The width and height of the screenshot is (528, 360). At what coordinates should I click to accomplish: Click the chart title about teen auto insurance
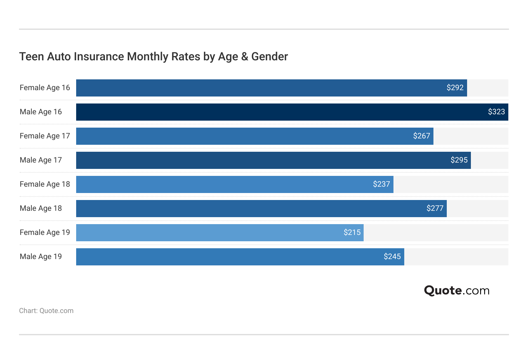[x=153, y=57]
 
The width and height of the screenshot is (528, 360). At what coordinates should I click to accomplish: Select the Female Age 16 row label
[x=45, y=88]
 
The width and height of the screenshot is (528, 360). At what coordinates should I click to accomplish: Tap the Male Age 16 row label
[x=41, y=112]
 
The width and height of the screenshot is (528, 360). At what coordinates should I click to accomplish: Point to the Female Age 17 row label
[x=45, y=136]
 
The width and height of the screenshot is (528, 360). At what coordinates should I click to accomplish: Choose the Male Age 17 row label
[x=41, y=160]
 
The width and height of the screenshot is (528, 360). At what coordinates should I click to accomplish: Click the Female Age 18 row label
[x=45, y=184]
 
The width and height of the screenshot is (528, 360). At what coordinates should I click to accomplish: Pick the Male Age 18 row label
[x=41, y=208]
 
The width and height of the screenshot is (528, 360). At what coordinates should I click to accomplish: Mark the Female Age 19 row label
[x=45, y=232]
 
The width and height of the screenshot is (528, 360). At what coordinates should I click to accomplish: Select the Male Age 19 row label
[x=41, y=257]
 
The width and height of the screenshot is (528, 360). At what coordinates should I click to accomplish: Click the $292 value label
[x=455, y=88]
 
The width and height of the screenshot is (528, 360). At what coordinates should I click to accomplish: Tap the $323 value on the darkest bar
[x=496, y=112]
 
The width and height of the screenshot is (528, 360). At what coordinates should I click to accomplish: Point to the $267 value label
[x=421, y=136]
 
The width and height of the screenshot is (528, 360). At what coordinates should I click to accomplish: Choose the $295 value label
[x=459, y=160]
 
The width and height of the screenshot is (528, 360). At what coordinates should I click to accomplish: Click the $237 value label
[x=381, y=184]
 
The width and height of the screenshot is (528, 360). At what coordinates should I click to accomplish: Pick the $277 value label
[x=435, y=208]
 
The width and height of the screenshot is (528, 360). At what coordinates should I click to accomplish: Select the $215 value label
[x=352, y=232]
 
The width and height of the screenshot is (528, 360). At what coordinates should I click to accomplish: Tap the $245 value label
[x=392, y=257]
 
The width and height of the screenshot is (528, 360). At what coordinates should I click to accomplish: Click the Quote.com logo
[x=457, y=290]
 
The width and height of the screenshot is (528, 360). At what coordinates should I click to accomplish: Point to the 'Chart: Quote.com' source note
[x=46, y=311]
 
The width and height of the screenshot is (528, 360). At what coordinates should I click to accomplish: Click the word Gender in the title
[x=269, y=57]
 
